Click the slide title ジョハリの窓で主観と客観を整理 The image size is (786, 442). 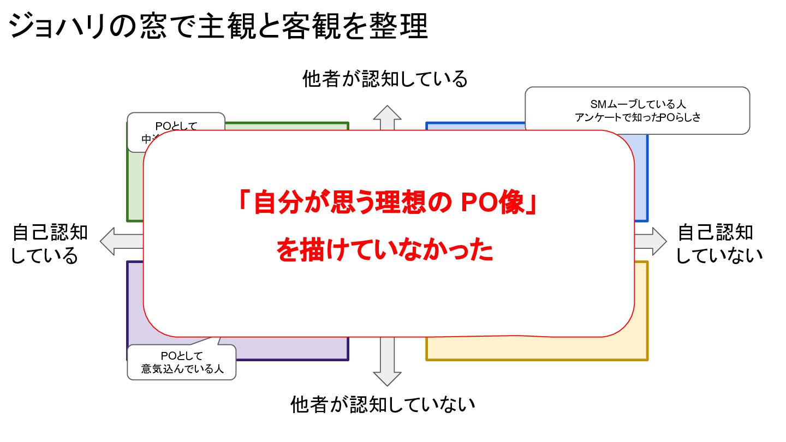pos(218,26)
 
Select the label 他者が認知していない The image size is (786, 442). pos(383,405)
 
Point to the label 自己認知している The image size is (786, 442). pos(49,244)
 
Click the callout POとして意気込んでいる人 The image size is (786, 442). pos(182,362)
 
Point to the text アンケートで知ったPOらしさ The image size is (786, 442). pos(638,117)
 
